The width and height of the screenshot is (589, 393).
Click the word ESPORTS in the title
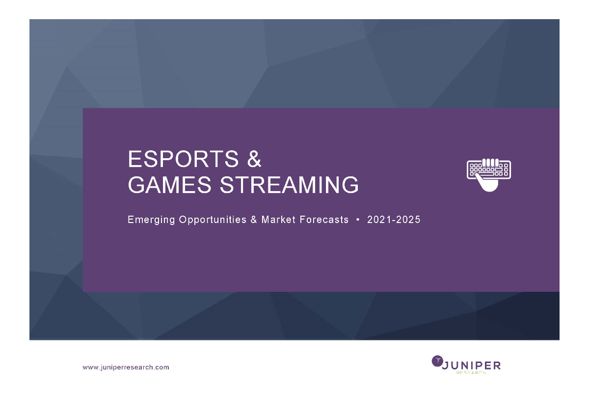pyautogui.click(x=183, y=159)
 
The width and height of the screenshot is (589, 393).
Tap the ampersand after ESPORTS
pyautogui.click(x=254, y=159)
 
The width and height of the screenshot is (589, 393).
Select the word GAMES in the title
pyautogui.click(x=170, y=185)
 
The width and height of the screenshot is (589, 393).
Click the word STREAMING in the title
pyautogui.click(x=289, y=185)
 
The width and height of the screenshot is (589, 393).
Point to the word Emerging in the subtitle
pyautogui.click(x=151, y=220)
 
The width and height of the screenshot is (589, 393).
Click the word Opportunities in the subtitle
pyautogui.click(x=213, y=220)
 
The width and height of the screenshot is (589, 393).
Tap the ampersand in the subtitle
pyautogui.click(x=254, y=220)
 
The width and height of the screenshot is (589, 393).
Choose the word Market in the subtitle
pyautogui.click(x=278, y=220)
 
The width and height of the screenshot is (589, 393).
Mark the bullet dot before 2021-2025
pyautogui.click(x=358, y=220)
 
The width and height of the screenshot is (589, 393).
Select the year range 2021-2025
pyautogui.click(x=394, y=220)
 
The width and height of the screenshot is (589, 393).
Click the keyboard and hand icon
pyautogui.click(x=489, y=175)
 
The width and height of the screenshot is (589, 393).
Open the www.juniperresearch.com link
pyautogui.click(x=126, y=367)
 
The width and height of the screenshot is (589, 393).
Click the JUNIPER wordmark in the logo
pyautogui.click(x=471, y=365)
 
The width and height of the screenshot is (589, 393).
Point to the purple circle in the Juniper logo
pyautogui.click(x=437, y=361)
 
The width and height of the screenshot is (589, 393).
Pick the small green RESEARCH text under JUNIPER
pyautogui.click(x=471, y=372)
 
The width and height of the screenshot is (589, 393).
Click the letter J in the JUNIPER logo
pyautogui.click(x=445, y=365)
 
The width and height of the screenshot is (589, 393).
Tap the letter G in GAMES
pyautogui.click(x=136, y=185)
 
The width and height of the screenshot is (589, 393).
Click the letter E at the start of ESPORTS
pyautogui.click(x=134, y=159)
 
